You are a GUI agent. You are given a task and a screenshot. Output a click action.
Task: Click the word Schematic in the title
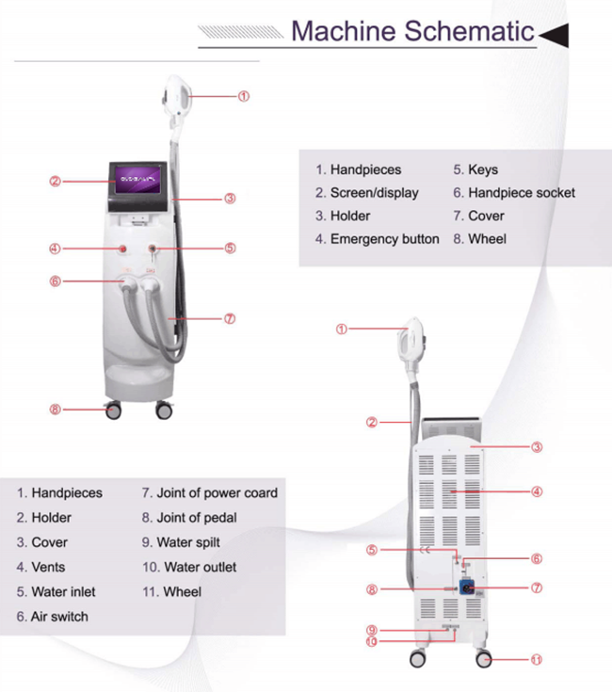(x=470, y=31)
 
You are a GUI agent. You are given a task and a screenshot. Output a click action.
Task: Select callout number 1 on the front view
(x=243, y=96)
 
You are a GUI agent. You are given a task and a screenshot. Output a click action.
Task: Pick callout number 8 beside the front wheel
(x=56, y=409)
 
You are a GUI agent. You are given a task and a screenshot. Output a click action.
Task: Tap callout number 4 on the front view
(x=56, y=249)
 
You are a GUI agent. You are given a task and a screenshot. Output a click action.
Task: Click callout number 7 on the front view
(x=229, y=318)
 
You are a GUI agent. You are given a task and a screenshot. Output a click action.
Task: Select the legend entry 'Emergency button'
(x=377, y=239)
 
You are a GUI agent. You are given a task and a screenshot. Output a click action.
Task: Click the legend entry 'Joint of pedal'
(x=188, y=518)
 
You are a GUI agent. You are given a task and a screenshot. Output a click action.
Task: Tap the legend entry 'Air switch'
(x=52, y=617)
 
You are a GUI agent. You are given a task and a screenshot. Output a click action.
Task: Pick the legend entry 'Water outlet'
(x=188, y=567)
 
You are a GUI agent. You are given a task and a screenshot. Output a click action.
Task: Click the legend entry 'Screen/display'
(x=367, y=193)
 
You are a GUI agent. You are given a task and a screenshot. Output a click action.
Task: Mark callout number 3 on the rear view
(x=537, y=447)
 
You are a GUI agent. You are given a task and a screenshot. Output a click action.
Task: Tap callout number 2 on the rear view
(x=372, y=423)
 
